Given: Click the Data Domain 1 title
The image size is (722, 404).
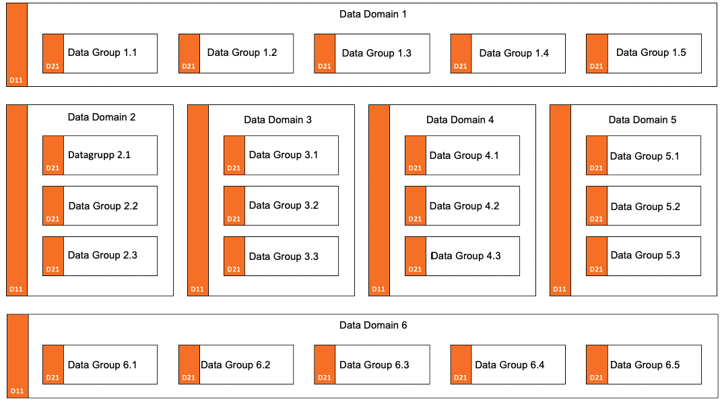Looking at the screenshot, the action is [x=373, y=14].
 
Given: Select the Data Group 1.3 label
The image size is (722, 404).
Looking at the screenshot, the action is [x=376, y=53].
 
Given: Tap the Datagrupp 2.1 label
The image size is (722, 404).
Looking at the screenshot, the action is [x=99, y=155].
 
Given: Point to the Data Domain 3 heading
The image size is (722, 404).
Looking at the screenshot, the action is [x=277, y=120].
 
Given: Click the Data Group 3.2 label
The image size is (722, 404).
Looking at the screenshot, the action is [x=284, y=205].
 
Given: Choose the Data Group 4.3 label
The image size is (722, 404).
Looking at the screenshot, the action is [x=465, y=256].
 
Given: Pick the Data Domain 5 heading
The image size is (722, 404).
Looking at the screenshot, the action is [x=643, y=120].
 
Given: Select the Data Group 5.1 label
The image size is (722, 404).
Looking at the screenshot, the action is [x=645, y=156].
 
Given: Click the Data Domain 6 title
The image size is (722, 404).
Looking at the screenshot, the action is [x=373, y=325].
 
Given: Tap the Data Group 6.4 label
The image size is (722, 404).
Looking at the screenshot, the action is [x=510, y=366].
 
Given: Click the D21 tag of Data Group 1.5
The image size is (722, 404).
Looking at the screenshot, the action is [x=596, y=66].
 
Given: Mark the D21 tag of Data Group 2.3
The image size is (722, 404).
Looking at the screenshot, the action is [x=53, y=269].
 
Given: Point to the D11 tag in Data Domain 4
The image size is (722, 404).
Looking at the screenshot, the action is [x=379, y=290].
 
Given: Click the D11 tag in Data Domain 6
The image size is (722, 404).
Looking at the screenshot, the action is [x=17, y=391].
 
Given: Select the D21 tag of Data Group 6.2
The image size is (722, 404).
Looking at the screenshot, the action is [x=189, y=378].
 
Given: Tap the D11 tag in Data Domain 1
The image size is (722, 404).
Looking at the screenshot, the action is [x=16, y=81].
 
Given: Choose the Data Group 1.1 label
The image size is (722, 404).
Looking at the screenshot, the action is [x=102, y=53].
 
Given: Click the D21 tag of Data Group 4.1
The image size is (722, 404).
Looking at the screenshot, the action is [x=415, y=168].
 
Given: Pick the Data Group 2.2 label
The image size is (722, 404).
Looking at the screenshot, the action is [x=103, y=206].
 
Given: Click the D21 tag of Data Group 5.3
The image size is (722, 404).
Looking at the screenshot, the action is [x=596, y=269].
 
